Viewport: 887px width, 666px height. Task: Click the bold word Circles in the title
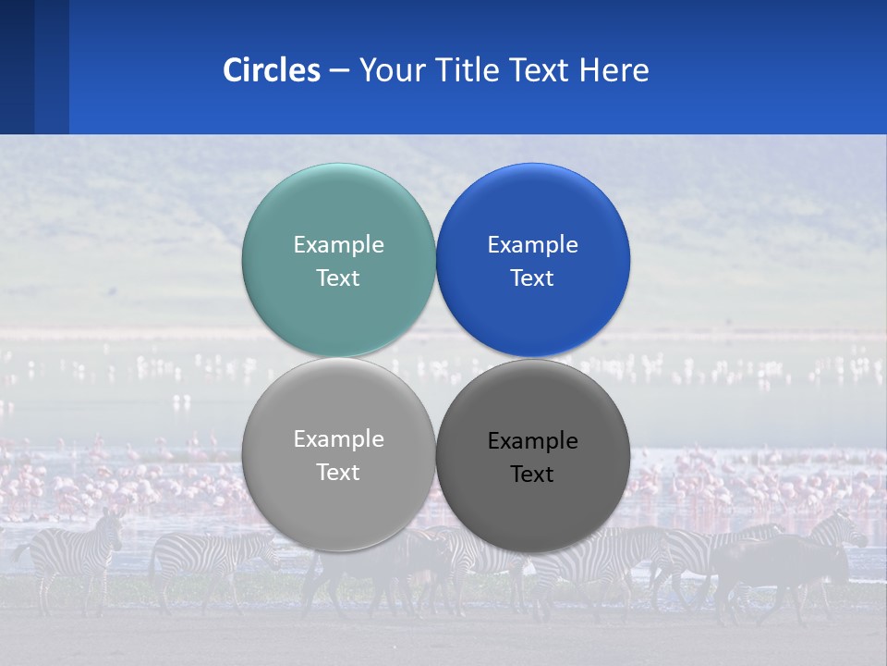(271, 70)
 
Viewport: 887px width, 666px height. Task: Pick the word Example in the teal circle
(338, 245)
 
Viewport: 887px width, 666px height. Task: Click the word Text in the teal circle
(338, 278)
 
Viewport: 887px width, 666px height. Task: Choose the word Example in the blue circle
(532, 245)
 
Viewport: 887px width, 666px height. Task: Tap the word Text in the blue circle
(532, 278)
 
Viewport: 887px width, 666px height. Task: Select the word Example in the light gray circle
(338, 439)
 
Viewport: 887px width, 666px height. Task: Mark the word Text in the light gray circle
(338, 473)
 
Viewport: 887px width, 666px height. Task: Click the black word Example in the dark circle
(532, 441)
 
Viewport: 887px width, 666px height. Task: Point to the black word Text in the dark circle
(532, 475)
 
